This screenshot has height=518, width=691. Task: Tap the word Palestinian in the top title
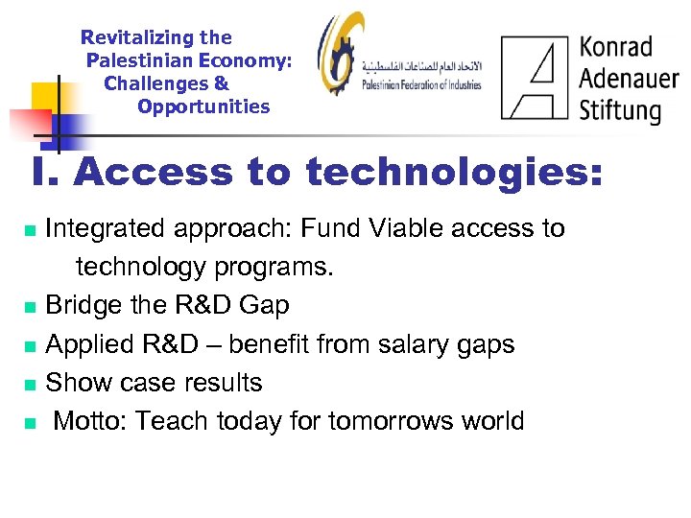136,61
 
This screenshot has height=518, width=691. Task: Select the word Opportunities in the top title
203,106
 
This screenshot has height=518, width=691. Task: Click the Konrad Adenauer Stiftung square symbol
535,77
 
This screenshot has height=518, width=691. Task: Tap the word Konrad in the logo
615,47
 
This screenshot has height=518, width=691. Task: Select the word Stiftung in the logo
620,108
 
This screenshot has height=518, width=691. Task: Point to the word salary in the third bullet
393,343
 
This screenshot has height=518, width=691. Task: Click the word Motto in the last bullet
88,420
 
